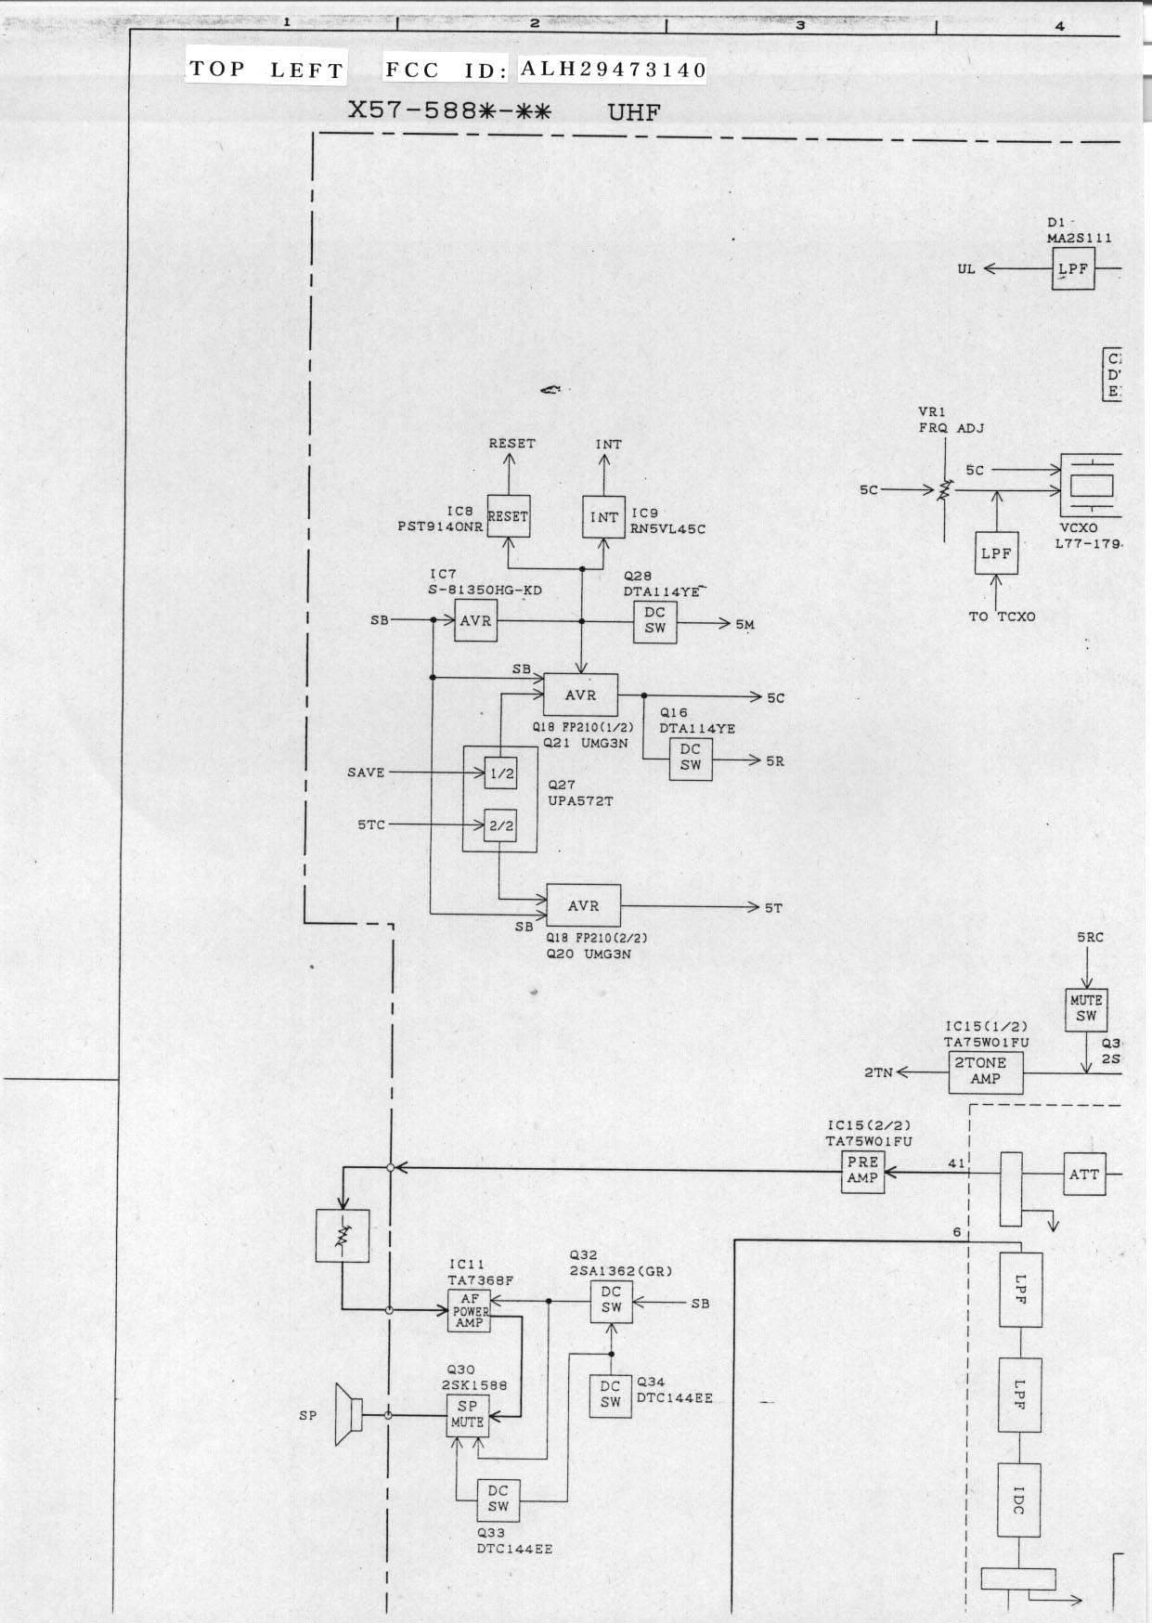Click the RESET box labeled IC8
pyautogui.click(x=508, y=516)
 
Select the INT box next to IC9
pyautogui.click(x=603, y=517)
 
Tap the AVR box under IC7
pyautogui.click(x=475, y=620)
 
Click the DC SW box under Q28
pyautogui.click(x=654, y=620)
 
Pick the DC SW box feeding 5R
pyautogui.click(x=691, y=758)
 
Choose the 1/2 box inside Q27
pyautogui.click(x=501, y=773)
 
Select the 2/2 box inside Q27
pyautogui.click(x=501, y=824)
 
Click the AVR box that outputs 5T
pyautogui.click(x=583, y=905)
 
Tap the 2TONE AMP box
pyautogui.click(x=985, y=1071)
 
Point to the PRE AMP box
pyautogui.click(x=862, y=1170)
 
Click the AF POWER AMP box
pyautogui.click(x=470, y=1310)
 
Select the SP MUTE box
pyautogui.click(x=467, y=1415)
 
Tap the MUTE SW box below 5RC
pyautogui.click(x=1086, y=1008)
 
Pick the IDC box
pyautogui.click(x=1018, y=1500)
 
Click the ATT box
pyautogui.click(x=1084, y=1175)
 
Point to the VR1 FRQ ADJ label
pyautogui.click(x=951, y=421)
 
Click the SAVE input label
pyautogui.click(x=366, y=773)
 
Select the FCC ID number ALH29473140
pyautogui.click(x=613, y=69)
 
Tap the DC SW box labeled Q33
pyautogui.click(x=498, y=1499)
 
